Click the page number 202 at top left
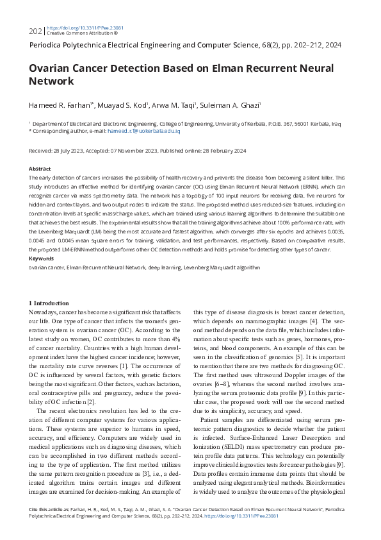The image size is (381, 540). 35,31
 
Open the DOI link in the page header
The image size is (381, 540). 77,28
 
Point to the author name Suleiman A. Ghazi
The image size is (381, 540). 228,105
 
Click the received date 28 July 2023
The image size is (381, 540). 70,151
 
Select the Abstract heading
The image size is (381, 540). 40,169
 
